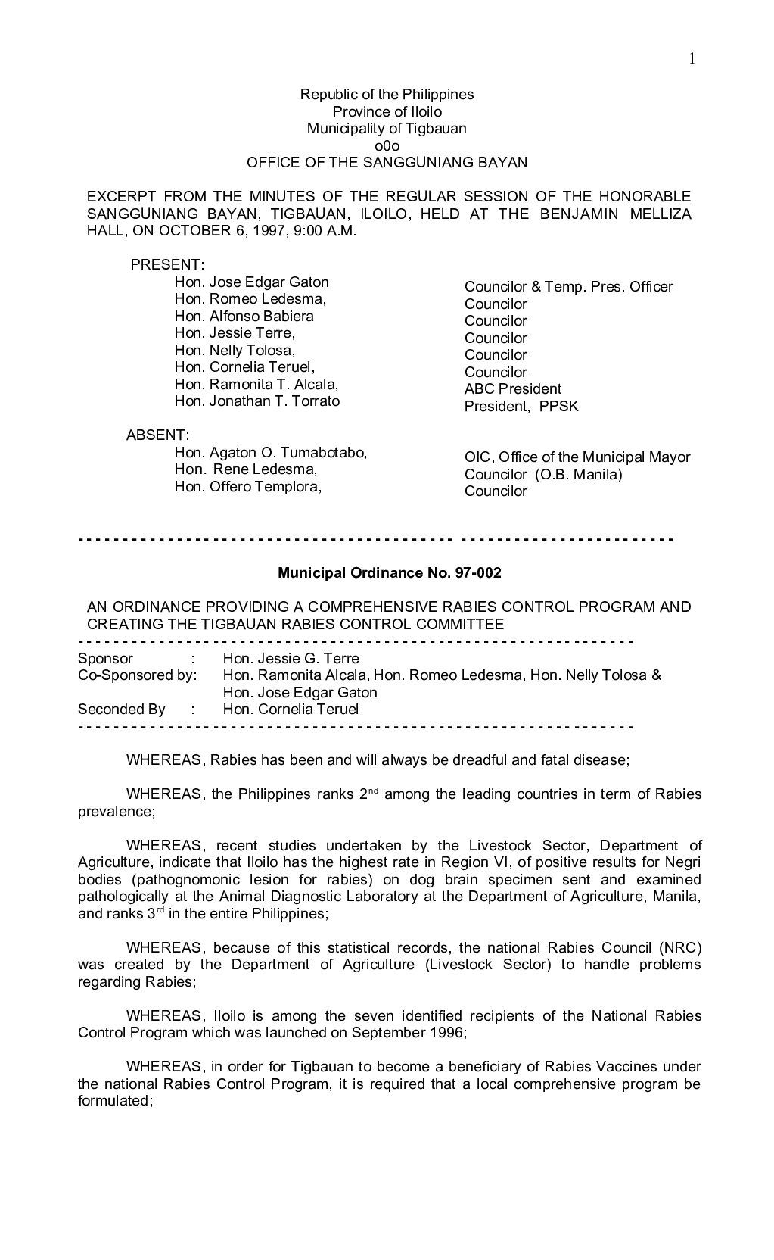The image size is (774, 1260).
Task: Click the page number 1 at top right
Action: click(x=691, y=59)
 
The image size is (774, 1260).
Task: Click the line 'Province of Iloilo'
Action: click(x=387, y=111)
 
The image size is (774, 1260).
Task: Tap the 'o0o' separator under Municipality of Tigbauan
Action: click(x=387, y=145)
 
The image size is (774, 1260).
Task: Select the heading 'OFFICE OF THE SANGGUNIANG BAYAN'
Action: click(x=387, y=162)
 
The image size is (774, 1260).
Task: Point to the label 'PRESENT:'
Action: click(x=167, y=264)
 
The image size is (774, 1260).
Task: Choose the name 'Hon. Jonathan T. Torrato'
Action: click(x=257, y=401)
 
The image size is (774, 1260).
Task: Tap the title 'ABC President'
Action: click(x=512, y=389)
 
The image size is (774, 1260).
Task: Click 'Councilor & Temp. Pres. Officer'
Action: click(x=568, y=287)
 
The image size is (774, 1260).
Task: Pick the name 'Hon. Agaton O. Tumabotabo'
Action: click(x=270, y=452)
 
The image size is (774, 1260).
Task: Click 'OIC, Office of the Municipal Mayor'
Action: click(x=577, y=457)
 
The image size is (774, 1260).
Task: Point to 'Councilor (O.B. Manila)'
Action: click(x=543, y=475)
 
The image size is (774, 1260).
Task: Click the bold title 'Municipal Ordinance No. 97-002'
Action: click(x=389, y=573)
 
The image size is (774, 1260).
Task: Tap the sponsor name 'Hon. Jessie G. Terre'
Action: click(x=291, y=659)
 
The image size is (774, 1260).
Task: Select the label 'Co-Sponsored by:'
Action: click(x=137, y=675)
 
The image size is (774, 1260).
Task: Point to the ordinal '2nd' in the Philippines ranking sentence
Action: click(x=368, y=794)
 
